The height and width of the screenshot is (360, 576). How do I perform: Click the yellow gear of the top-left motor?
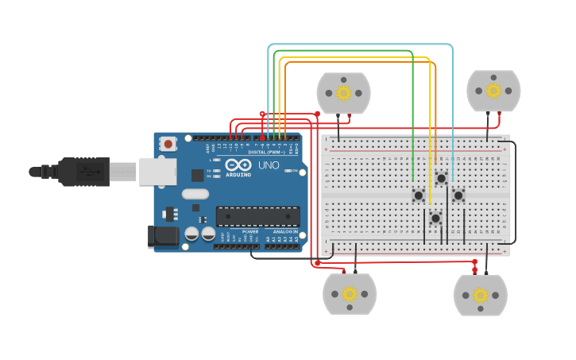(x=343, y=93)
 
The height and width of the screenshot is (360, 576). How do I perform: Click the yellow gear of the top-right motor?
(x=493, y=90)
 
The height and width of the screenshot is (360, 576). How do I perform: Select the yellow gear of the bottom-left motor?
(x=350, y=294)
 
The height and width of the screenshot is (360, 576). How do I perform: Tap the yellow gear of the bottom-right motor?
(x=480, y=296)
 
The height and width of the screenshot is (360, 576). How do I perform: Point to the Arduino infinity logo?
(x=237, y=165)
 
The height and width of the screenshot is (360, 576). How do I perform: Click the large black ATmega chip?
(x=257, y=216)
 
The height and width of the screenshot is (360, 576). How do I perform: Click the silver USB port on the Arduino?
(x=157, y=171)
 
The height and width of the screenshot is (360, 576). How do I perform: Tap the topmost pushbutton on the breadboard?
(x=441, y=178)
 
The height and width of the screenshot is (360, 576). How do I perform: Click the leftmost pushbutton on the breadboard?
(x=418, y=195)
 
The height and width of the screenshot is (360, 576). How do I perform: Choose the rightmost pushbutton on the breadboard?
(x=458, y=195)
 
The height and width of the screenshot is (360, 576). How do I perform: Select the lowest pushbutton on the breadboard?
(x=435, y=218)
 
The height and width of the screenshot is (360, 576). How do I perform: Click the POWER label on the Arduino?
(x=249, y=231)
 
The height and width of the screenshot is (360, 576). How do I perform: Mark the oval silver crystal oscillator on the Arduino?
(x=195, y=193)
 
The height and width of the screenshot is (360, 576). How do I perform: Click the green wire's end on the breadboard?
(x=413, y=180)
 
